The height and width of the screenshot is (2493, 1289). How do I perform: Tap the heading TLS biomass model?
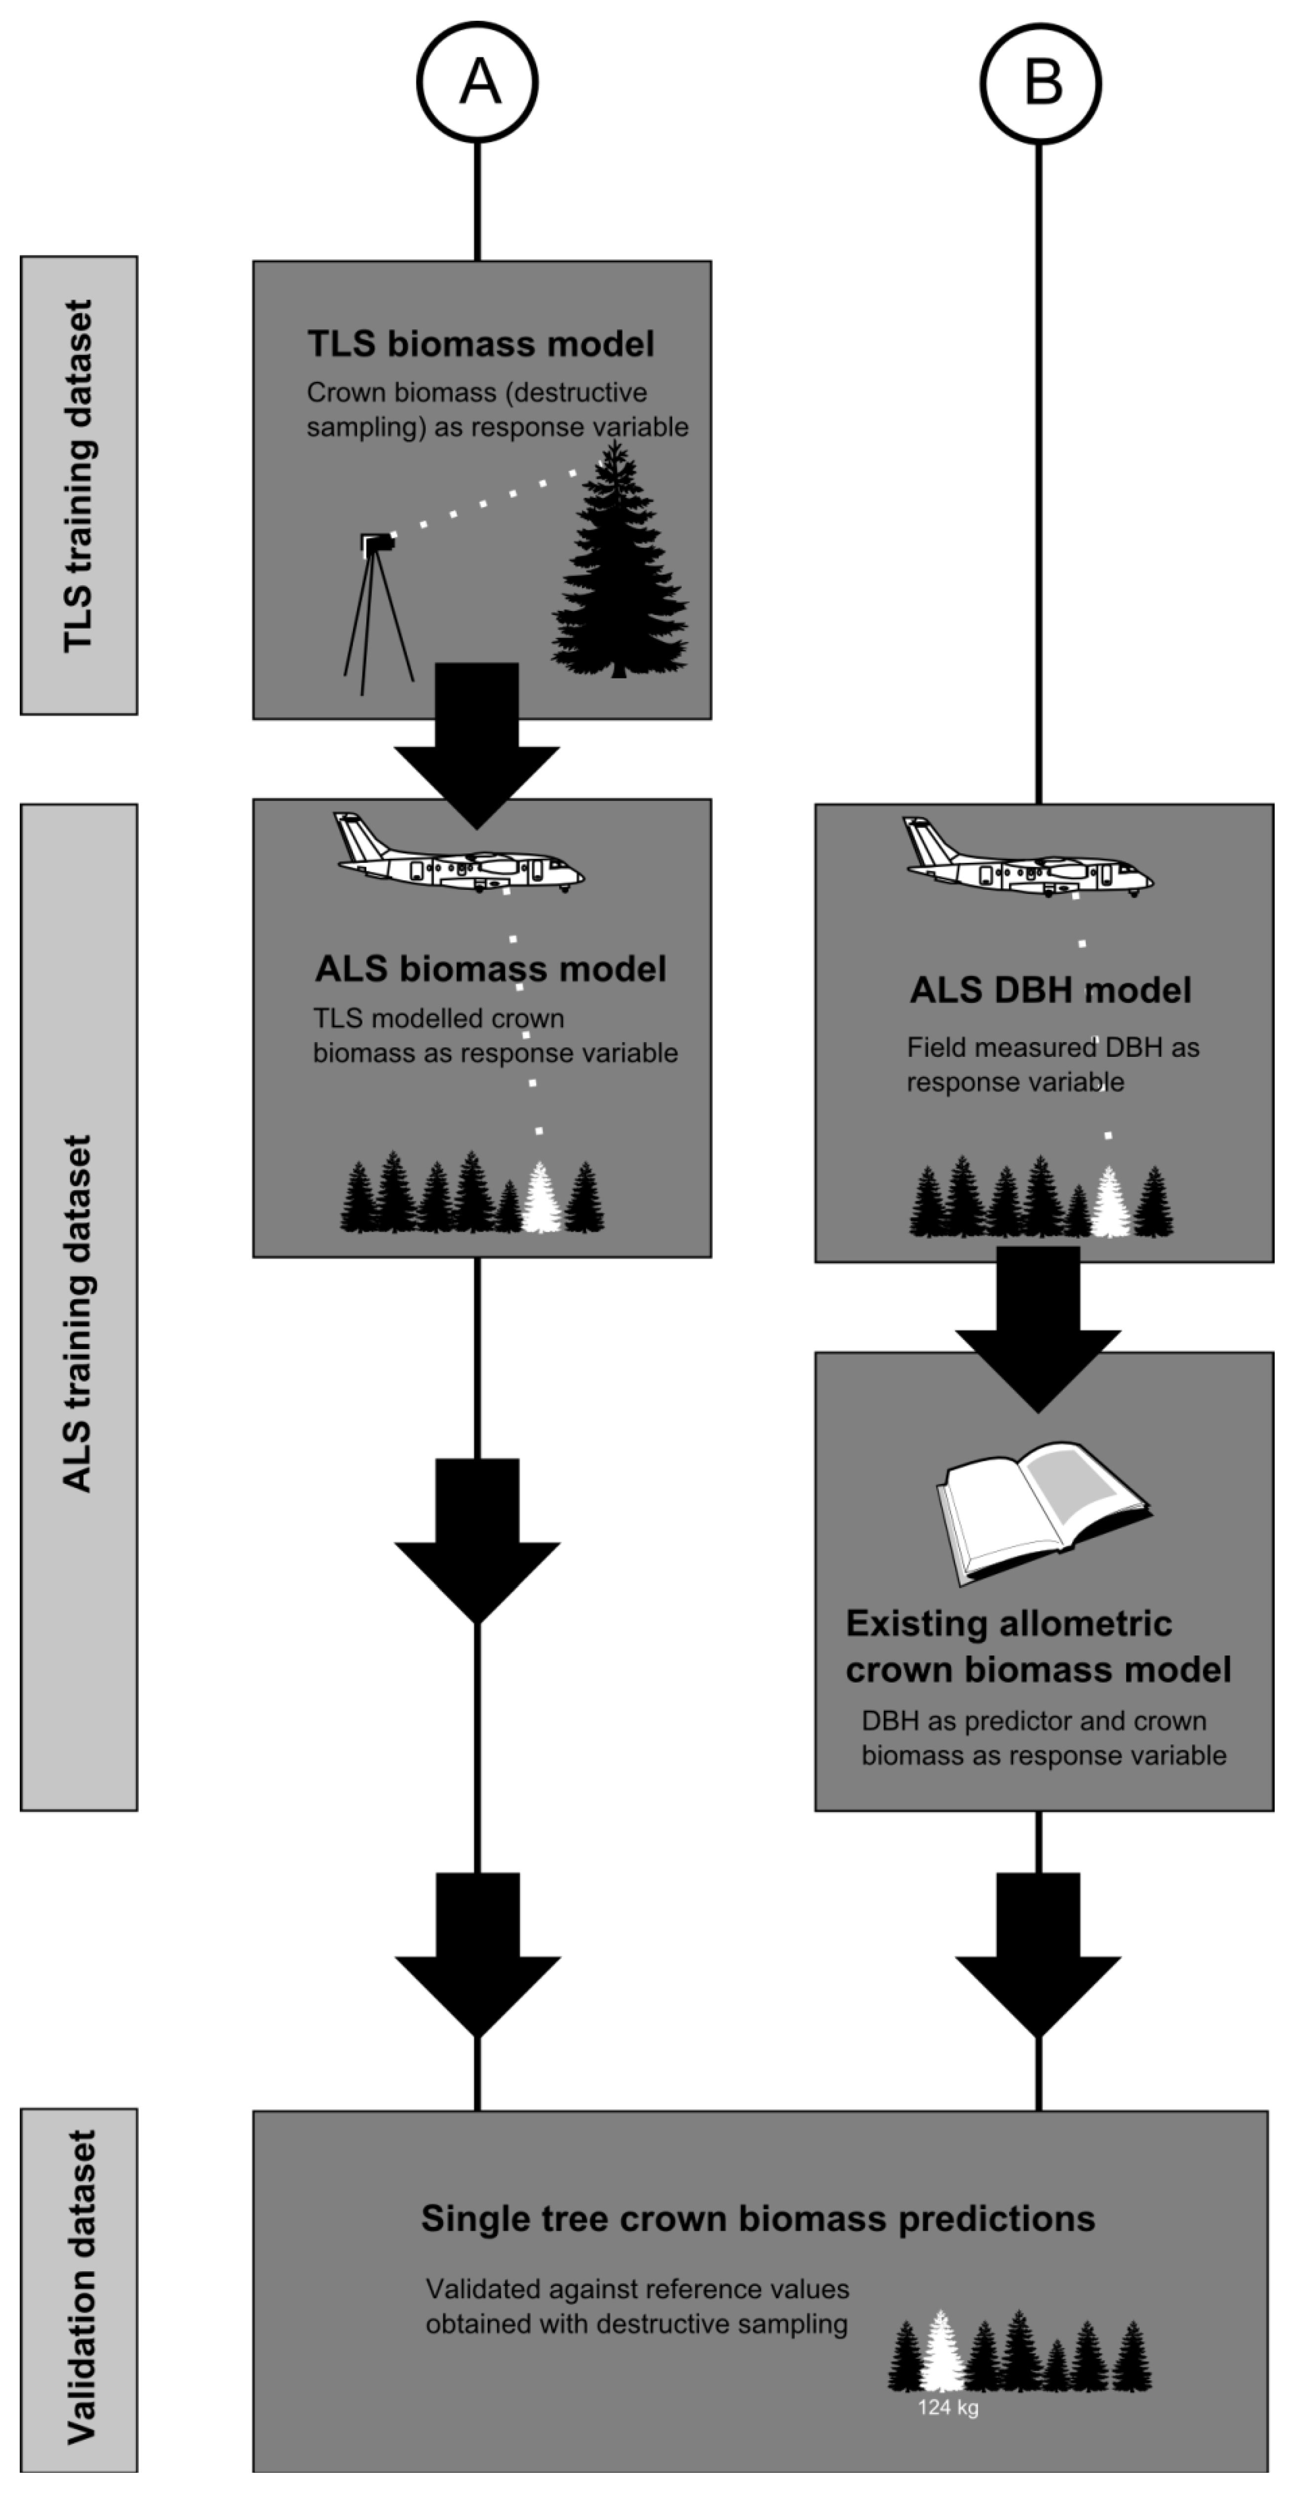[x=481, y=344]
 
